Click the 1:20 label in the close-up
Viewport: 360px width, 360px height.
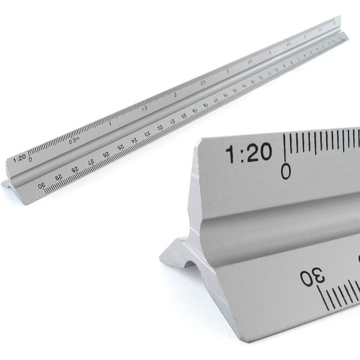[248, 152]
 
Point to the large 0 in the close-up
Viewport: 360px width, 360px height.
[286, 170]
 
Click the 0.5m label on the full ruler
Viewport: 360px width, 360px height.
[74, 141]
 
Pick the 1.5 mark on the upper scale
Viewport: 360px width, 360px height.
[144, 108]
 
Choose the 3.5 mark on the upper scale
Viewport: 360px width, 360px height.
[249, 61]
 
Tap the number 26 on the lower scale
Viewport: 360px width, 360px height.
[106, 155]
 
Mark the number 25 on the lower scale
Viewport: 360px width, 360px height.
[120, 147]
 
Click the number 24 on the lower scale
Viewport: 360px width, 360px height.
[134, 141]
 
